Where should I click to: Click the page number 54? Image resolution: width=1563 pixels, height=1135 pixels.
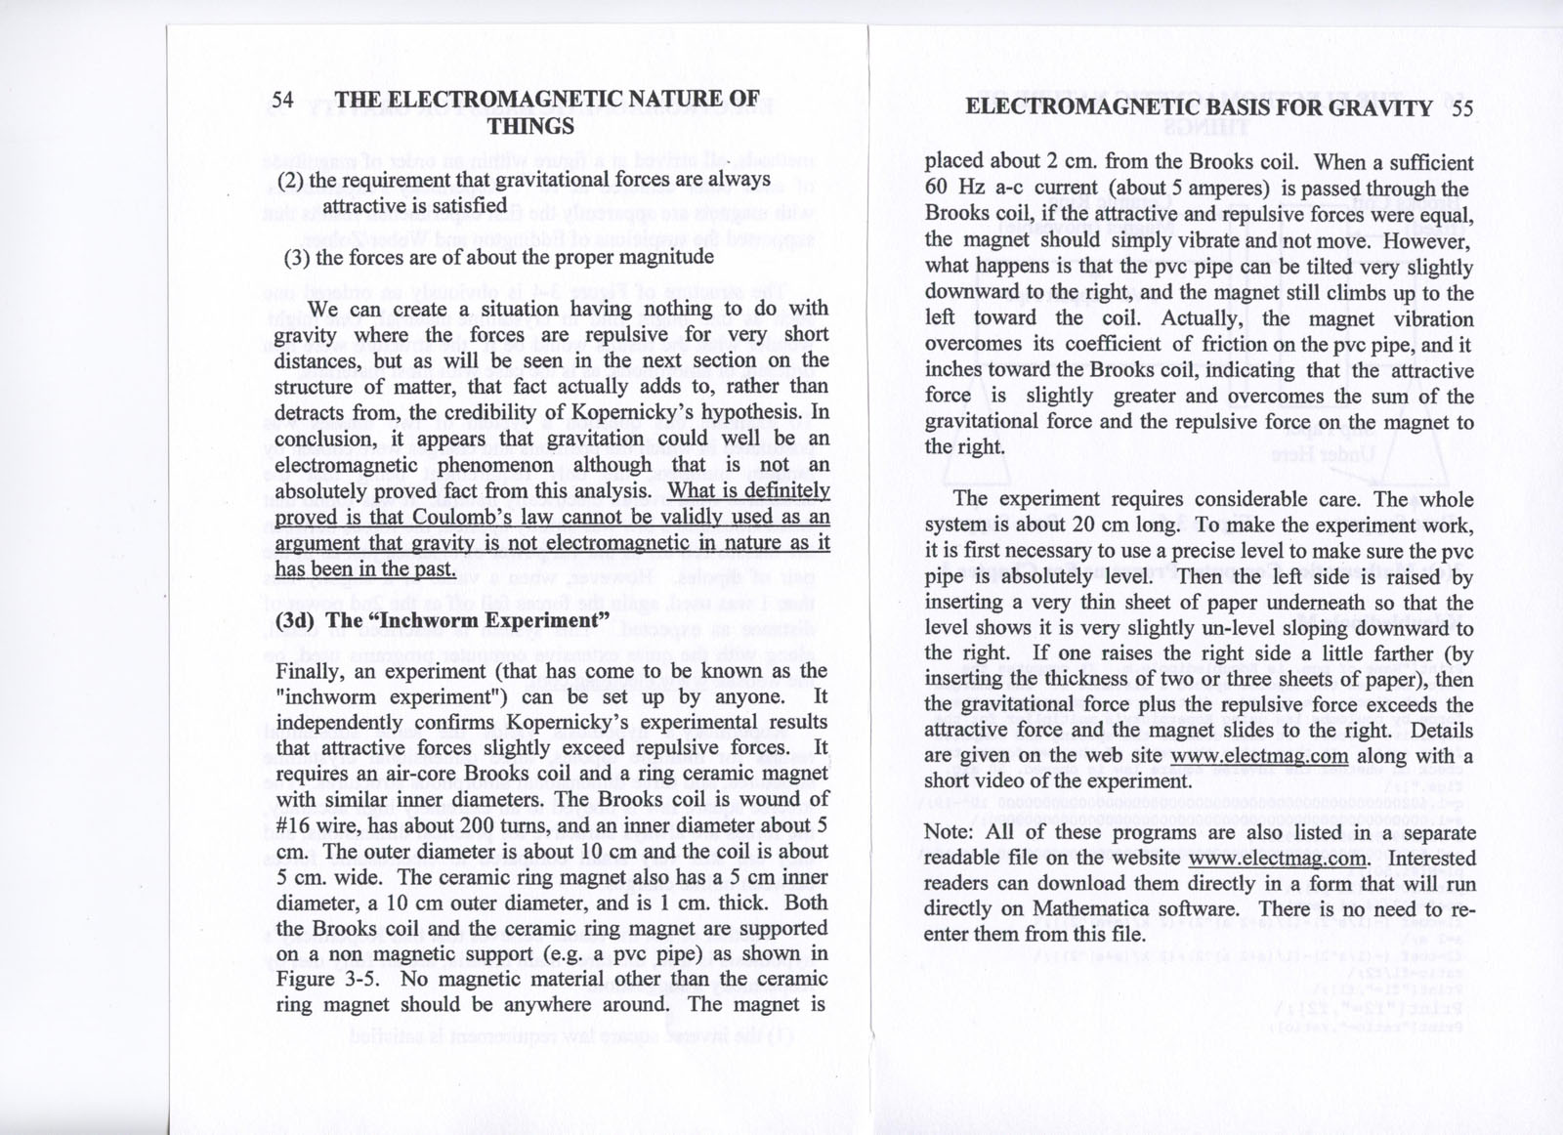(x=283, y=100)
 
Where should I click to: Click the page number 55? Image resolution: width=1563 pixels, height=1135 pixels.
(x=1462, y=108)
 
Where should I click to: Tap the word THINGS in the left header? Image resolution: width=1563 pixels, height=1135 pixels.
(x=530, y=126)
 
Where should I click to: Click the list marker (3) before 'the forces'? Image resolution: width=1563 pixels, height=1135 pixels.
(x=297, y=258)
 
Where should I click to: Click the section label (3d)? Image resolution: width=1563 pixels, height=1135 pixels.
(x=296, y=621)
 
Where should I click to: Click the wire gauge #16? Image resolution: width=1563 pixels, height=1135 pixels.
(x=294, y=825)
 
